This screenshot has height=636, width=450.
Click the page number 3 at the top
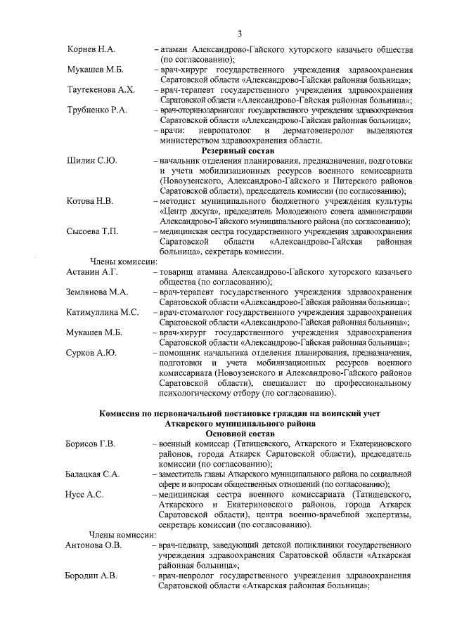239,33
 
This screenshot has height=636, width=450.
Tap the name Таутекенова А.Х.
101,91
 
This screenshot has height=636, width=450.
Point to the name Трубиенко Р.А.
97,111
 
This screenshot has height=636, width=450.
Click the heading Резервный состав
238,150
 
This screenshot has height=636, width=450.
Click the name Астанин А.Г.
92,271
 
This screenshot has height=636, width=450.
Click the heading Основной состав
238,434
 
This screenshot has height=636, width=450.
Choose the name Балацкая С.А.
94,474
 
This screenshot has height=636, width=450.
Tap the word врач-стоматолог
191,311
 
